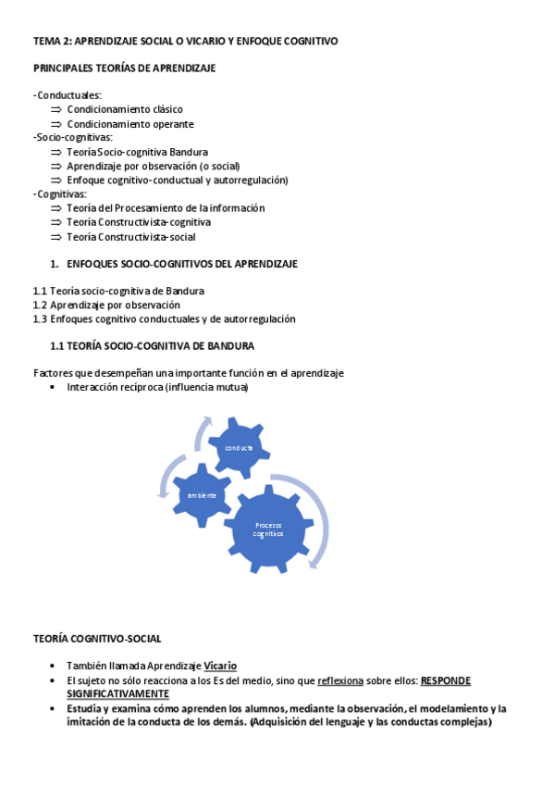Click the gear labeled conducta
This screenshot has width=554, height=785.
240,447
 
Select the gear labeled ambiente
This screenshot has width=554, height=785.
202,495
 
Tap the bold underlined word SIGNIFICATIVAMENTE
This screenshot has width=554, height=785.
117,693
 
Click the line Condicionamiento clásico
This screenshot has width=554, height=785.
125,109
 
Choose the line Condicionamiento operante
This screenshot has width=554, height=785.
130,124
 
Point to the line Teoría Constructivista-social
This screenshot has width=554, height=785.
130,237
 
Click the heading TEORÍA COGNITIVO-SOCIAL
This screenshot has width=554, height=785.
97,638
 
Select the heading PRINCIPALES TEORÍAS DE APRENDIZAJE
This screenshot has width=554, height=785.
125,69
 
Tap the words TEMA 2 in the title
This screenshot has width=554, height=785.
51,41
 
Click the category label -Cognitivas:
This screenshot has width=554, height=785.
61,194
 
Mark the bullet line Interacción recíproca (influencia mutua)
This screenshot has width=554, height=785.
157,388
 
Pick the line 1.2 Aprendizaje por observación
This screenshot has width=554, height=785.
106,305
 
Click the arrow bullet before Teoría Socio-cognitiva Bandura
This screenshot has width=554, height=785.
56,152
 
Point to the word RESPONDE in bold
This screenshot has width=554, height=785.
446,680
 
